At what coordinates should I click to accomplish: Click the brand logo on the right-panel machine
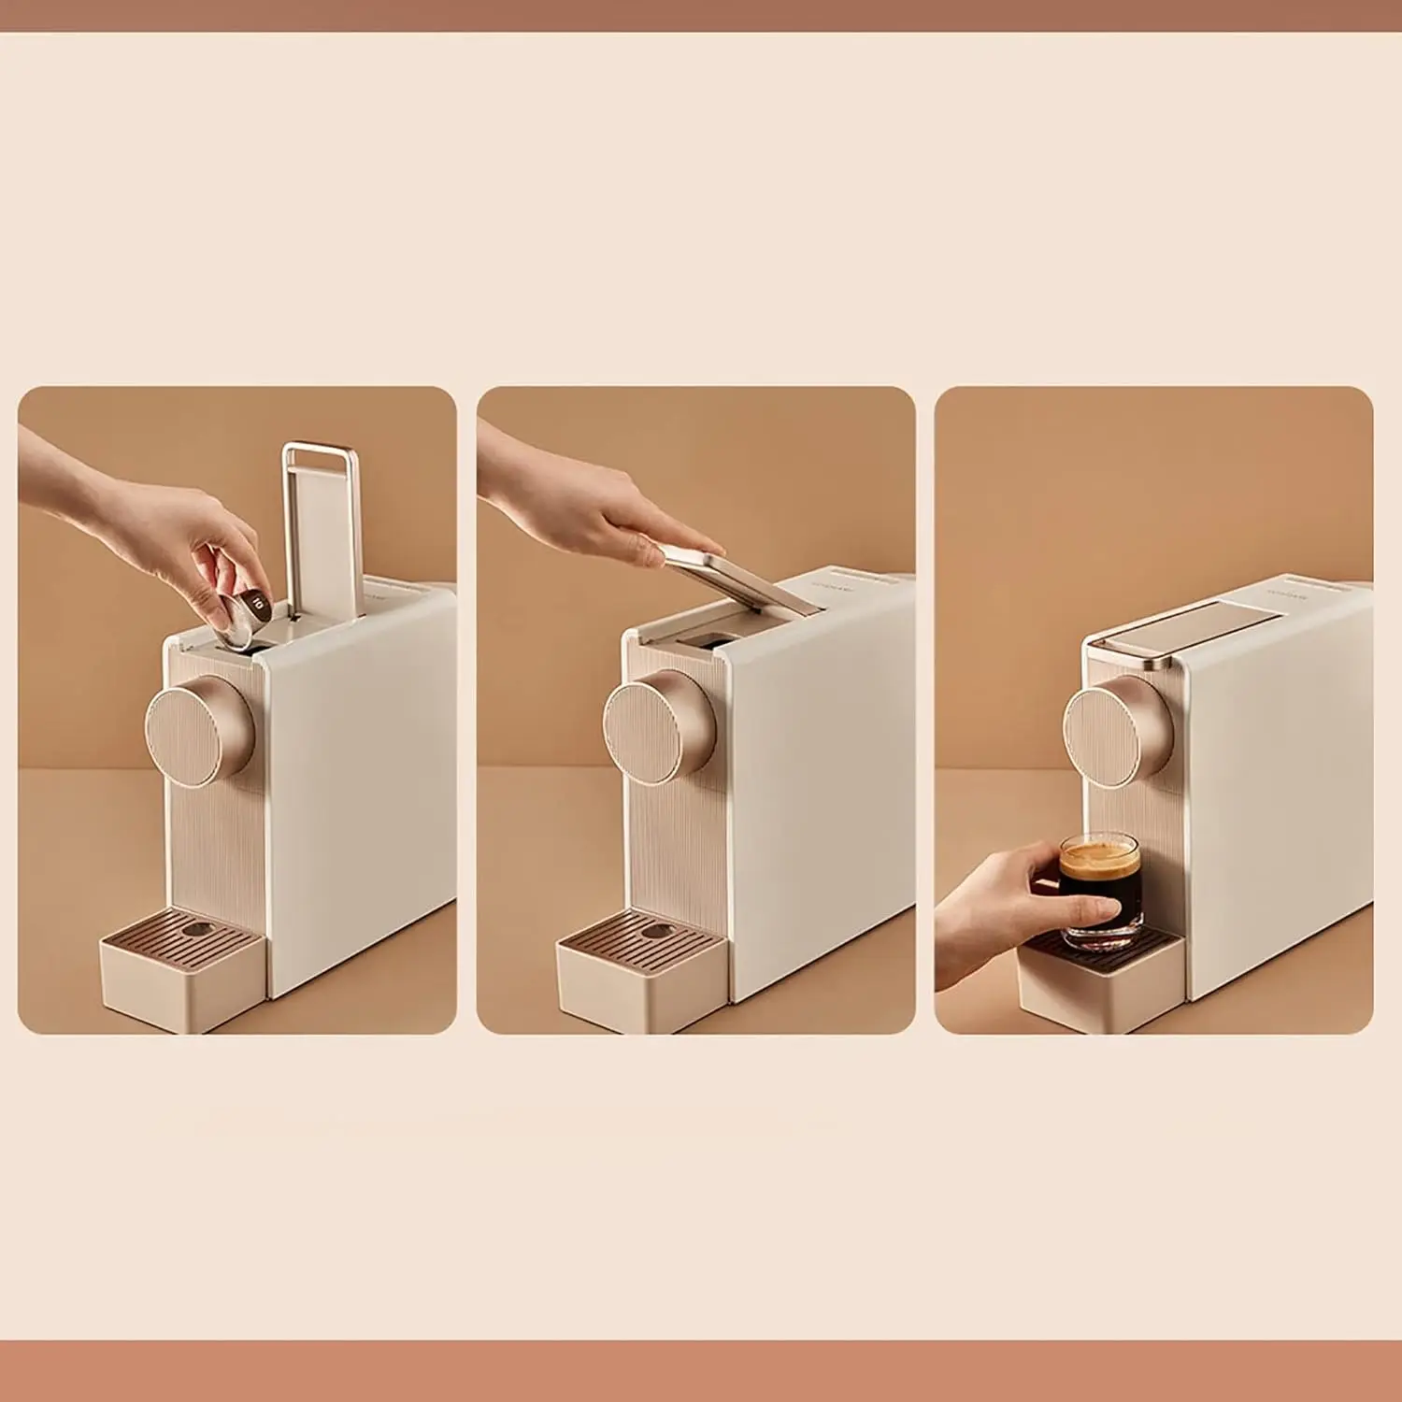pyautogui.click(x=1285, y=590)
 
